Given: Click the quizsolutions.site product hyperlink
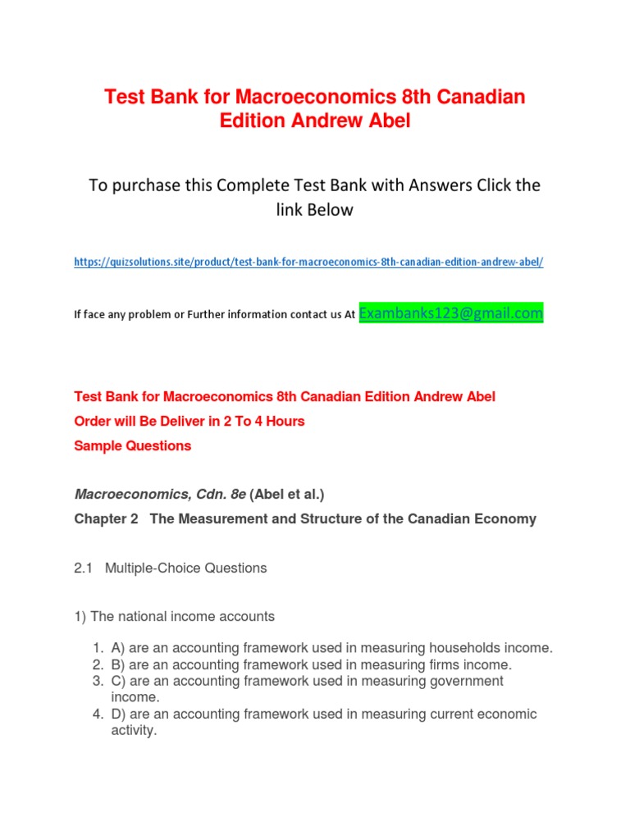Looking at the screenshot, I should (308, 262).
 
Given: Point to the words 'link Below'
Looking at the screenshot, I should (314, 210).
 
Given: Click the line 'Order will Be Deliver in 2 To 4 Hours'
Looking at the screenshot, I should (189, 422).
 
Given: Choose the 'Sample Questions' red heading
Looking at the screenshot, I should (133, 446).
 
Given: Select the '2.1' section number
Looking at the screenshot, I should (84, 568).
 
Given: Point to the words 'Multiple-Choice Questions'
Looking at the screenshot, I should (186, 568).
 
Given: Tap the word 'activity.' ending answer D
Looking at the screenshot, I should (134, 730).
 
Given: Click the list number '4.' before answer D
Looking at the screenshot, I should (98, 714).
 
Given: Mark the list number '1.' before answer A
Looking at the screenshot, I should (98, 648).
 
